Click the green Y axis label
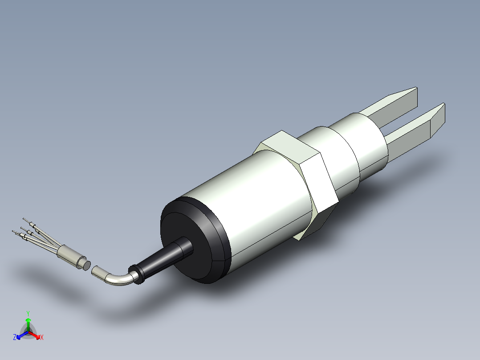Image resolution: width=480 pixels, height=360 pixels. click(28, 313)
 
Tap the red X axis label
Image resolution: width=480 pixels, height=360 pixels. click(42, 338)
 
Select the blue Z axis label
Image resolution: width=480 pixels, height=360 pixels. click(15, 338)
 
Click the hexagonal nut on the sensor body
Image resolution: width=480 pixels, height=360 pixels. click(312, 178)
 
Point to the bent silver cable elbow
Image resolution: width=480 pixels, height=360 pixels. click(118, 278)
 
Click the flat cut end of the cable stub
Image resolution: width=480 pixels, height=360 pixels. click(83, 264)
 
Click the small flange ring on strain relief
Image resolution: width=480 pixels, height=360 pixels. click(136, 274)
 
